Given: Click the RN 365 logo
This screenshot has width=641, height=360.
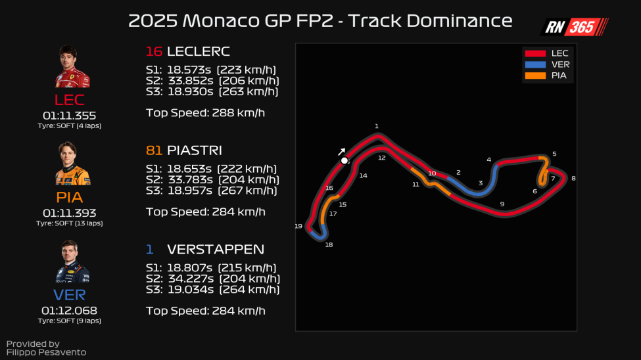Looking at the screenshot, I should pos(574,27).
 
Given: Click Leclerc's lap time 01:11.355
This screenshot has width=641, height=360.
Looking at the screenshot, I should pos(69,116).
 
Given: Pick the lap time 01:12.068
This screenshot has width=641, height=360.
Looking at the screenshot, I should pos(69,310).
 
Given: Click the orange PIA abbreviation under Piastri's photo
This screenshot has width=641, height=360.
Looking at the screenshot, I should pos(69,197).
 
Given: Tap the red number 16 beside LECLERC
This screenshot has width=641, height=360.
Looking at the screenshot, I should pos(154,51).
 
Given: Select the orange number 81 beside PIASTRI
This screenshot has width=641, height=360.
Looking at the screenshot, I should pos(153,150).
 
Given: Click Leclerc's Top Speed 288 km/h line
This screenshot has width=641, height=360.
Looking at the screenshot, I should pos(205,112).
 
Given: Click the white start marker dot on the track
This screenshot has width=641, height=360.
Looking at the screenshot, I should pos(344,160).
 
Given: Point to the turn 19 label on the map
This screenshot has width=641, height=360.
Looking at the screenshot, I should pos(298,226).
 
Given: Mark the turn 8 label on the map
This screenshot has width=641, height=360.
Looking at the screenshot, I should pos(573,178).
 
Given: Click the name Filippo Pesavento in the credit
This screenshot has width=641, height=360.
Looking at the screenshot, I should pos(46,352).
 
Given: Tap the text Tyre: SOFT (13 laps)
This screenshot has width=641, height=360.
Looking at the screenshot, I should pos(69,223).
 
